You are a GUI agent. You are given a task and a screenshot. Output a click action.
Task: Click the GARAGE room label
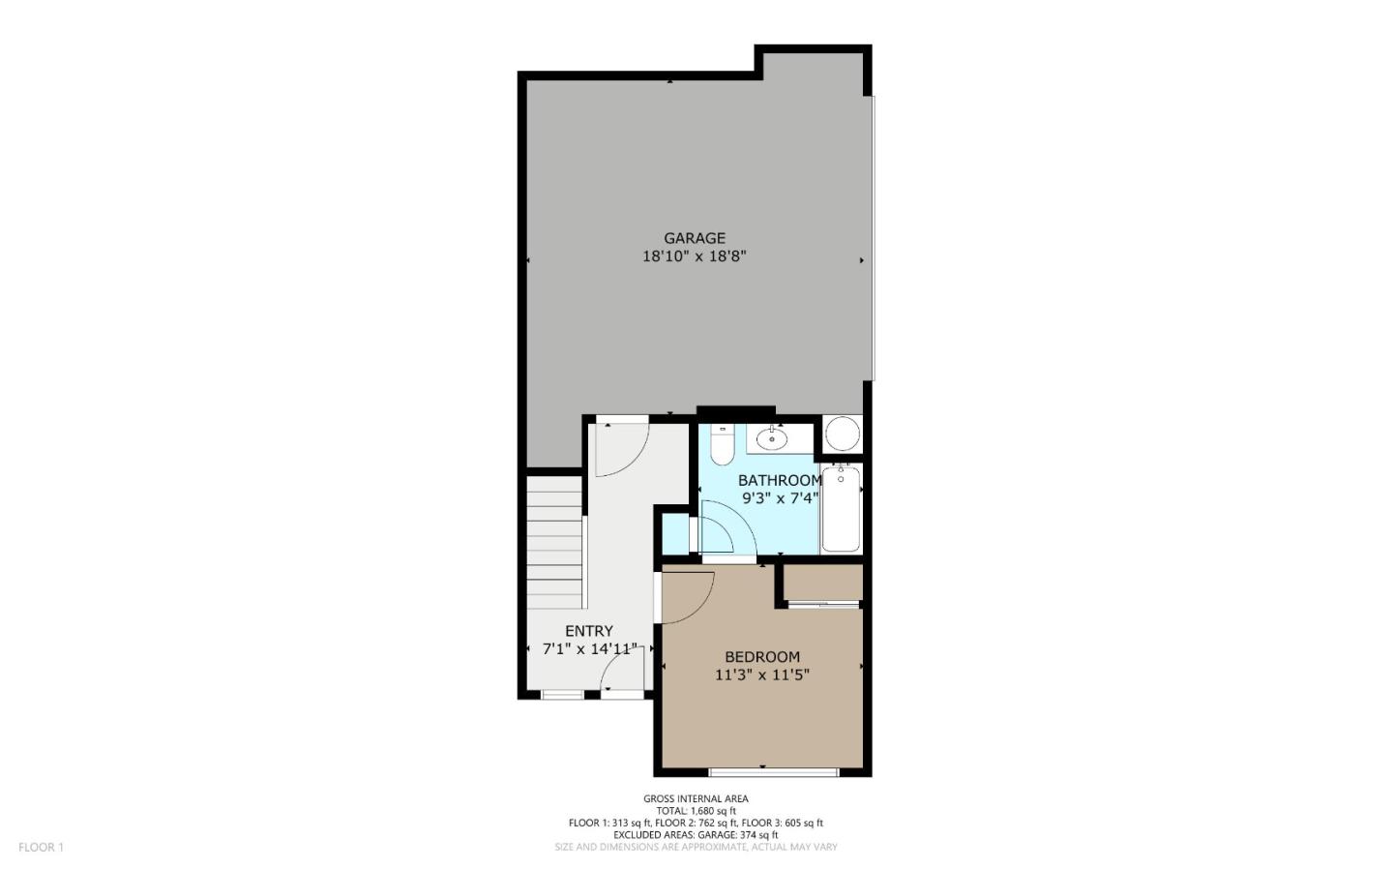coord(694,238)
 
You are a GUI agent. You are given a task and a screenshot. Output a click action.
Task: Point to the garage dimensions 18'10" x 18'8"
coord(694,257)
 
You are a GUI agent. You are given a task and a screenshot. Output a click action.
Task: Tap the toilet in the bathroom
coord(722,445)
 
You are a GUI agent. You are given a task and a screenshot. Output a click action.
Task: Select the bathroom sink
coord(772,438)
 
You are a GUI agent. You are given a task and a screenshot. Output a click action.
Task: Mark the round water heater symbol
coord(842,434)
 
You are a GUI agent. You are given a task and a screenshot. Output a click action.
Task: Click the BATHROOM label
coord(780,480)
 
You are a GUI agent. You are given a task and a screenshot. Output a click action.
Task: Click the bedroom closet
coord(822,583)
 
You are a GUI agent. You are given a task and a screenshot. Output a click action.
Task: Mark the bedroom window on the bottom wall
coord(774,771)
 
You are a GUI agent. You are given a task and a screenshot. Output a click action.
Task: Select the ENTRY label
coord(589,631)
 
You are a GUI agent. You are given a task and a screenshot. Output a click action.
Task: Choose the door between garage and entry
coord(619,447)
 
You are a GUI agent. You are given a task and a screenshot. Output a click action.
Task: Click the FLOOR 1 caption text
coord(41,848)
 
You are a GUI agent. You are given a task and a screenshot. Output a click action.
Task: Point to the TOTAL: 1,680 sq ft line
coord(696,811)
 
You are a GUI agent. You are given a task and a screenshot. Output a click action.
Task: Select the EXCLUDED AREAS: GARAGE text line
coord(696,834)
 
